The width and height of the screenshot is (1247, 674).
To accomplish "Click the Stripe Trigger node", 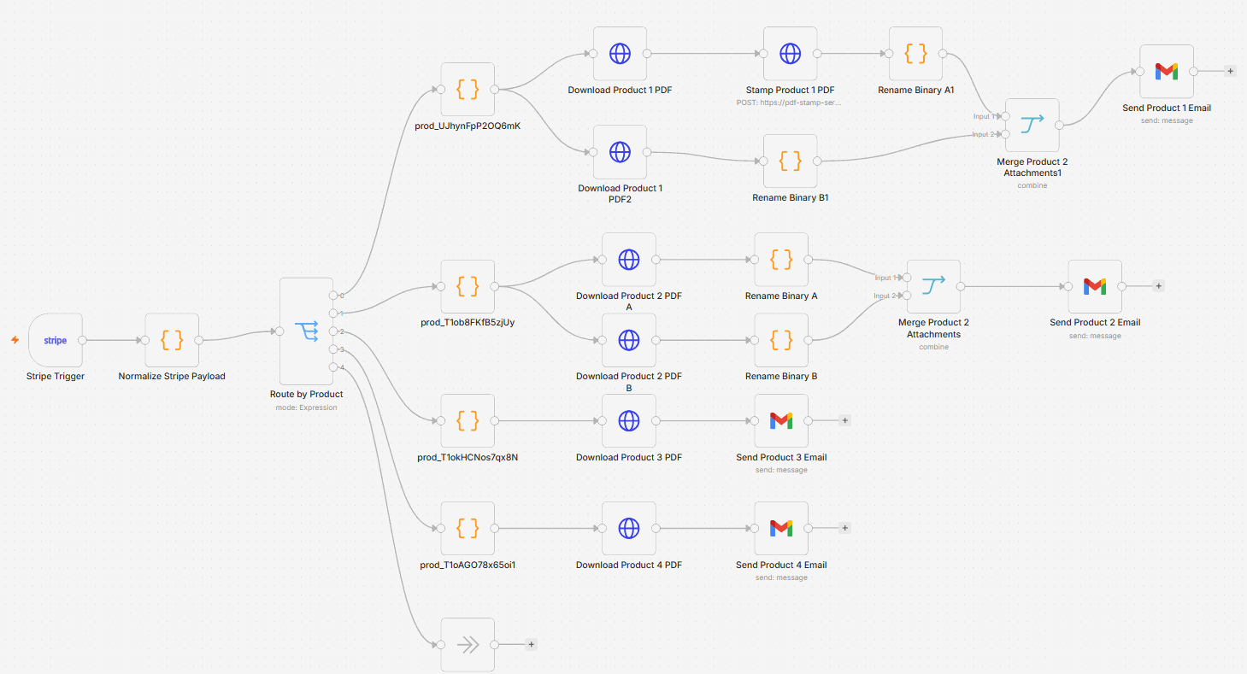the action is click(55, 340).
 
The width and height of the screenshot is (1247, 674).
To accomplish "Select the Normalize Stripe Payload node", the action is click(172, 340).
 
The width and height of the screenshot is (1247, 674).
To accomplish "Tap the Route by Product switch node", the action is click(306, 331).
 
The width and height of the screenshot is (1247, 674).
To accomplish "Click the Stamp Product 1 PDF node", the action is click(790, 54).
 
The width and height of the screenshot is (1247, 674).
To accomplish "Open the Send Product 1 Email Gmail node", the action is click(1167, 71).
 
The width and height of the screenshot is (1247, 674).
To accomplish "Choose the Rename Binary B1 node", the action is click(790, 161).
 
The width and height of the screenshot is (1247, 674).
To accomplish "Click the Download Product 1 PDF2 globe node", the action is click(620, 152).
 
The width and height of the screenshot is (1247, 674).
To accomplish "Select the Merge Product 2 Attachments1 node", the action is click(1032, 126).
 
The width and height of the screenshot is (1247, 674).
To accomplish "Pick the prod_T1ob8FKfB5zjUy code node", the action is click(468, 287).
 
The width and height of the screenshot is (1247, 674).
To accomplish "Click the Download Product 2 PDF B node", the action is click(628, 340).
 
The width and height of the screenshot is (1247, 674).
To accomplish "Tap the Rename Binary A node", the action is click(781, 260).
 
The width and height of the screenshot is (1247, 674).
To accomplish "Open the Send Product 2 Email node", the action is click(1095, 287).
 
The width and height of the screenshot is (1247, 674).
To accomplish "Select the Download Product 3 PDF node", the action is click(628, 421).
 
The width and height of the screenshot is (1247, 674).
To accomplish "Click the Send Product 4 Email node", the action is click(781, 528).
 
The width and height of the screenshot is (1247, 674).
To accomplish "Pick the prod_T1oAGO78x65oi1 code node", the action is click(468, 528).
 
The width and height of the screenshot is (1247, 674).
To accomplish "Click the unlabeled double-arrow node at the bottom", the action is click(468, 644).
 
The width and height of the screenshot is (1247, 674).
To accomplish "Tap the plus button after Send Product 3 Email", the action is click(844, 421).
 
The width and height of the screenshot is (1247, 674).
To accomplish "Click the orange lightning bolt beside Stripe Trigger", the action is click(15, 339).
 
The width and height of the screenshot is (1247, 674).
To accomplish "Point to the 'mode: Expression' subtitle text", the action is click(306, 407).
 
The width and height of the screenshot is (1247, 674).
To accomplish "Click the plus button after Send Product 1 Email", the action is click(1230, 71).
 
